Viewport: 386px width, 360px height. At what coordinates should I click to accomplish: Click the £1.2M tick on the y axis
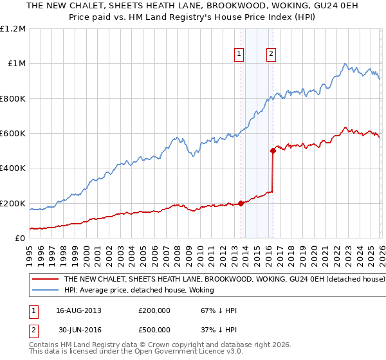coord(13,28)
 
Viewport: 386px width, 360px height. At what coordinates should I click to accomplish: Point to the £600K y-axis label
coord(13,134)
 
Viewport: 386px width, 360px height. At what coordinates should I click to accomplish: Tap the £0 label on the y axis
coord(20,239)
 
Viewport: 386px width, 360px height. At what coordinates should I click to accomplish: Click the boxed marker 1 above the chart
coord(239,54)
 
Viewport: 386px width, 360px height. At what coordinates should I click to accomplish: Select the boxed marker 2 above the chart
coord(271,54)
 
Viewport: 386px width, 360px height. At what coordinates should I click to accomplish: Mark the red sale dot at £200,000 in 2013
coord(241,203)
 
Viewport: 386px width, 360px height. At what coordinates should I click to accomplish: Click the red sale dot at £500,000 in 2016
coord(273,151)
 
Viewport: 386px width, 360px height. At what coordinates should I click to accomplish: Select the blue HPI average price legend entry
coord(161,291)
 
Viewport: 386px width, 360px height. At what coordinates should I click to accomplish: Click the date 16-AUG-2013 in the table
coord(78,310)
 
